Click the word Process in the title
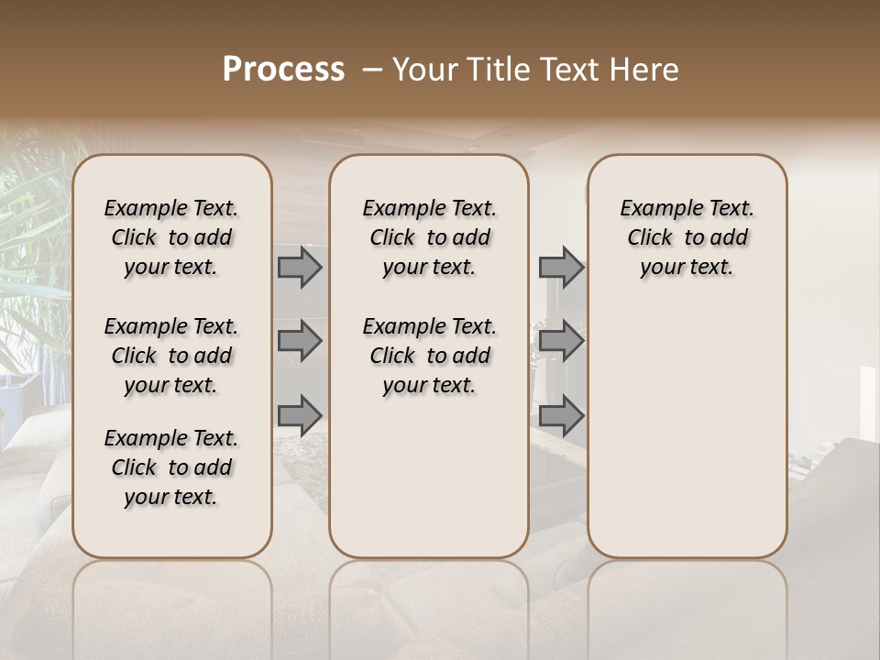tap(283, 70)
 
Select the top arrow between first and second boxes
tap(300, 268)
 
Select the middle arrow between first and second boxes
tap(300, 341)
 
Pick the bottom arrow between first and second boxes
tap(300, 415)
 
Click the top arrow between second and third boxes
tap(561, 268)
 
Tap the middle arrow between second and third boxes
tap(561, 341)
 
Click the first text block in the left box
tap(171, 237)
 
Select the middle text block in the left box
tap(171, 356)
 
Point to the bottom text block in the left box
tap(171, 467)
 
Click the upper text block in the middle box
tap(429, 237)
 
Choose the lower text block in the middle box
tap(429, 356)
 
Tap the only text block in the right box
tap(687, 237)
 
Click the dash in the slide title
tap(371, 70)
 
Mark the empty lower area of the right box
tap(687, 431)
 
